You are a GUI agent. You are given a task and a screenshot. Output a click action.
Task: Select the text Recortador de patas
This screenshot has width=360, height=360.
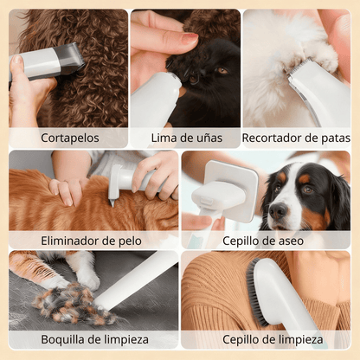click(x=296, y=137)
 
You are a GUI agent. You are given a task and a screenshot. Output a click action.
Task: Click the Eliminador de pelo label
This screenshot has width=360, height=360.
click(x=93, y=240)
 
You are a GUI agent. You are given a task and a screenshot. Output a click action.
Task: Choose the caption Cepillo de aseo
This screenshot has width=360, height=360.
click(x=263, y=240)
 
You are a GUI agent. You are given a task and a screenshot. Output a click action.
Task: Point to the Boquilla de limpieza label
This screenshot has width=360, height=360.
click(x=93, y=340)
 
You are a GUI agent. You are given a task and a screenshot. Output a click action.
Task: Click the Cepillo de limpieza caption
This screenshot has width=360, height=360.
click(x=273, y=340)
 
